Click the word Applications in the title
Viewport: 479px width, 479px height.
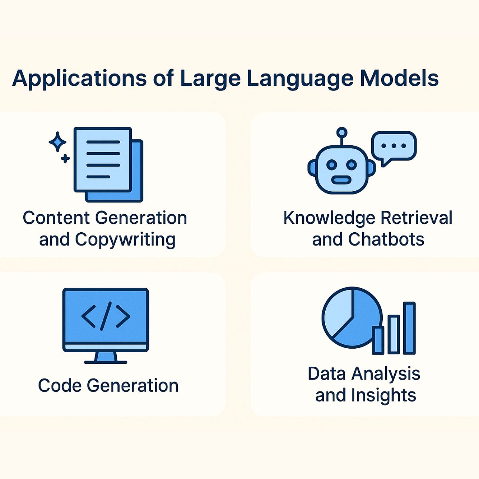[x=79, y=79]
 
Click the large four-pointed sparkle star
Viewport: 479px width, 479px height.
[x=58, y=142]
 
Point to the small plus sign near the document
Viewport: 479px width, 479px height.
[x=66, y=159]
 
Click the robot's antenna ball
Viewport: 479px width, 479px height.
[x=342, y=132]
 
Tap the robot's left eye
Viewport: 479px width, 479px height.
[x=332, y=164]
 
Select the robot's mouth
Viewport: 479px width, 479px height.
[x=341, y=180]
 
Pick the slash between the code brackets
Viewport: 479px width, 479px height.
[x=106, y=316]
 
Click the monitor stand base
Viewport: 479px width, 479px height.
[x=106, y=362]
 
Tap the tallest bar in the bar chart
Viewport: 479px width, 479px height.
[x=409, y=328]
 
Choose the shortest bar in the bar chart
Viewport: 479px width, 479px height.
[x=378, y=340]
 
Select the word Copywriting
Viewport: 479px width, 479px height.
[x=125, y=240]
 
